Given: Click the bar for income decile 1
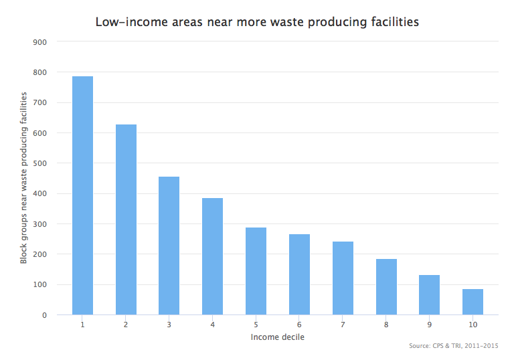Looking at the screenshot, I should [82, 195].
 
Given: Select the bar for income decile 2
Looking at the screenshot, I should [126, 219].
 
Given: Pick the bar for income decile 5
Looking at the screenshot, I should [256, 271].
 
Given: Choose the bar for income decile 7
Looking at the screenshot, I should [343, 278].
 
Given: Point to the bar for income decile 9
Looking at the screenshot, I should [429, 294].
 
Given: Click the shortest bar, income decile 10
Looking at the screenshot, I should [473, 302].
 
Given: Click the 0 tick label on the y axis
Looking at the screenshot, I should [44, 315].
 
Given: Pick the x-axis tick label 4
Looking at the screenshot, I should [212, 325].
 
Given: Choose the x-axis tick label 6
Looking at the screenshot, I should [299, 325].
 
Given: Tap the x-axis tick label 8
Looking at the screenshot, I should [385, 325].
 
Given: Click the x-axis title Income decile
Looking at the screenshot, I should [277, 337].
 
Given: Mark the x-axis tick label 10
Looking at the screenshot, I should [473, 325].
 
